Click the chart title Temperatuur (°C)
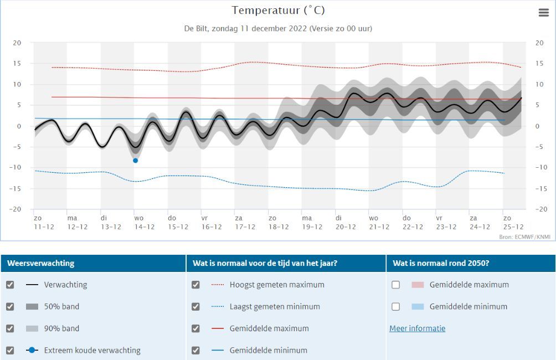[x=278, y=11]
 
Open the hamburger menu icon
[x=543, y=13]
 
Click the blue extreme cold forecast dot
[x=135, y=161]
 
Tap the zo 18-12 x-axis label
[x=279, y=223]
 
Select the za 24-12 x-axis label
[x=480, y=223]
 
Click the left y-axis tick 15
[x=17, y=64]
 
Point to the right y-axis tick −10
[x=540, y=168]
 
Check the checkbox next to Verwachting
[x=10, y=285]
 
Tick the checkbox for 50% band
[x=10, y=306]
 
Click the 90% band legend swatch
[x=32, y=328]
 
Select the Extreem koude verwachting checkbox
[x=10, y=350]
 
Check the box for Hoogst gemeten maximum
[x=195, y=285]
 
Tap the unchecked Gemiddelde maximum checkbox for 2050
[x=395, y=285]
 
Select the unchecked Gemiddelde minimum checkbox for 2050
[x=395, y=306]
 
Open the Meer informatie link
[x=417, y=328]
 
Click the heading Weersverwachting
[x=40, y=263]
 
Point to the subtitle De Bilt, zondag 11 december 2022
[x=278, y=28]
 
